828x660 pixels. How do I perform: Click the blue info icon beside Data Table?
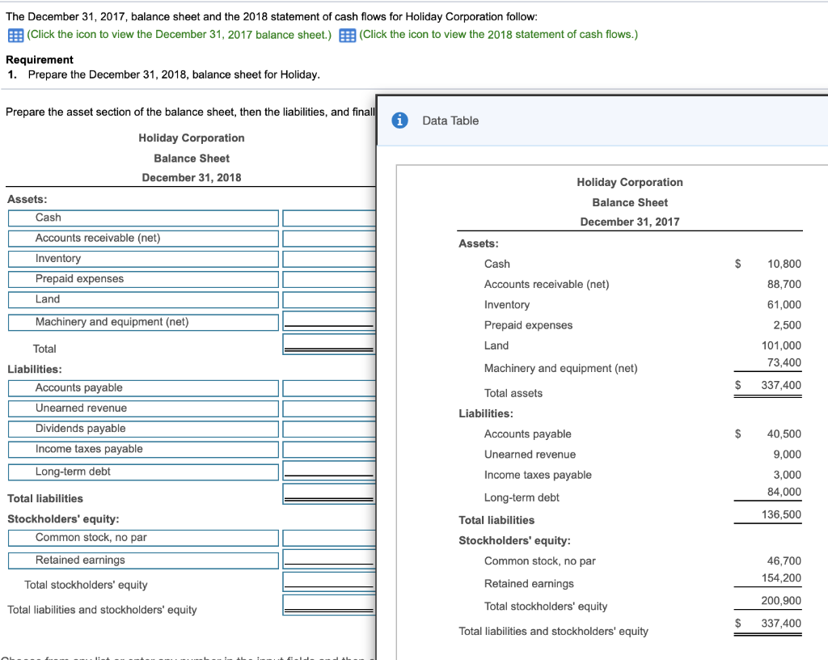(399, 121)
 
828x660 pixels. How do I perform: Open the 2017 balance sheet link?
(179, 34)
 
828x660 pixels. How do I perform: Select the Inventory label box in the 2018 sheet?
(143, 259)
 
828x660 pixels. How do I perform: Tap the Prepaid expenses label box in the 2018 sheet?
(143, 279)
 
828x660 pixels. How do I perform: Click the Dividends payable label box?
(143, 429)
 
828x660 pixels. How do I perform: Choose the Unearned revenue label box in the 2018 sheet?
(143, 408)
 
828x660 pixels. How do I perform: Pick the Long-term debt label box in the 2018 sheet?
(143, 472)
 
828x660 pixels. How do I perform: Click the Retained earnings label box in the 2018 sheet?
(143, 561)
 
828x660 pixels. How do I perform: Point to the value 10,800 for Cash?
(784, 264)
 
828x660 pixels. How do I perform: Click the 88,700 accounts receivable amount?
(784, 284)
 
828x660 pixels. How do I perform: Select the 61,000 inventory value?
(784, 305)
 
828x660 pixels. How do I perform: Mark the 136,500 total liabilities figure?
(782, 515)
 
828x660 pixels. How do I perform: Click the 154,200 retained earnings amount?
(782, 577)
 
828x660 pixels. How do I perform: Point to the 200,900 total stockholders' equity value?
(782, 601)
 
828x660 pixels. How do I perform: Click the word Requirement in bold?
(40, 60)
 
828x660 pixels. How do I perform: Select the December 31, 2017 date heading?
(629, 222)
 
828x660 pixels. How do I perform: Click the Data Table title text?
(450, 121)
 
